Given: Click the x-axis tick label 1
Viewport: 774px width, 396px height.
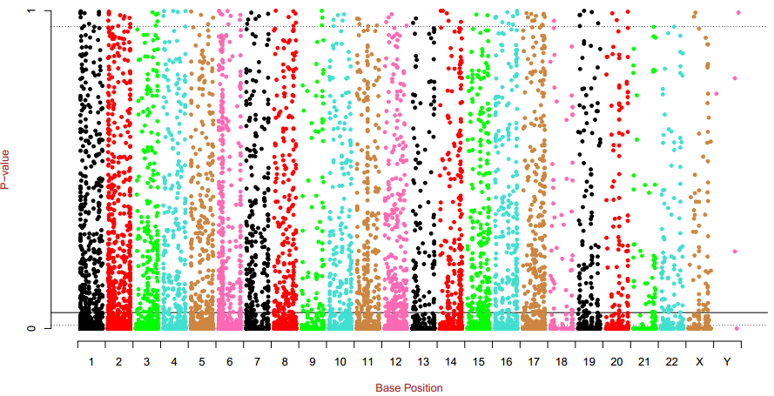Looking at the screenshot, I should coord(91,361).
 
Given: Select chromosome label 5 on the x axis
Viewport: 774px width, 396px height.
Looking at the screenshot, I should coord(201,361).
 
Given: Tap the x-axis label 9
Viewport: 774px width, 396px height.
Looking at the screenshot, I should coord(312,361).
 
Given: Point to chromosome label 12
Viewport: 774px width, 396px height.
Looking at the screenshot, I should coord(394,361).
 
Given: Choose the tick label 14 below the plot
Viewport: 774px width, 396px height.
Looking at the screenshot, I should coord(450,361).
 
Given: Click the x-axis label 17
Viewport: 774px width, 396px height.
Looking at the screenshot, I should coord(533,361).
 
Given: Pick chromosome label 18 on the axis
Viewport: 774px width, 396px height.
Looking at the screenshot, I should coord(561,361).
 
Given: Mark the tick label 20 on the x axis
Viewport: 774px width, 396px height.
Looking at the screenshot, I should coord(616,361).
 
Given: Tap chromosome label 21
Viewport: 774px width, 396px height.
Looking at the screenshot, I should coord(643,361).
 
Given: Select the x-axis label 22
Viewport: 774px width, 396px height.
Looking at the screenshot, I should coord(671,361).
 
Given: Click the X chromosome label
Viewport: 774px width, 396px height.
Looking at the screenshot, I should coord(699,361).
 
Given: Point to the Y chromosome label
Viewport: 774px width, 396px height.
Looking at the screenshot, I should coord(727,361).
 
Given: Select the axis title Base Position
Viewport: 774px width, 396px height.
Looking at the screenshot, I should coord(409,387).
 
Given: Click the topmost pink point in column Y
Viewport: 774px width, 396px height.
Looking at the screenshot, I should coord(738,12).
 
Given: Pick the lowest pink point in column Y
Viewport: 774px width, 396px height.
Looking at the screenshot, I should coord(737,328).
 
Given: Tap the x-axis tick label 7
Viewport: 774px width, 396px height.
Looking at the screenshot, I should coord(257,361).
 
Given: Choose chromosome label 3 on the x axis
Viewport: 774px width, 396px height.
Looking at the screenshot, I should coord(146,361).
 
